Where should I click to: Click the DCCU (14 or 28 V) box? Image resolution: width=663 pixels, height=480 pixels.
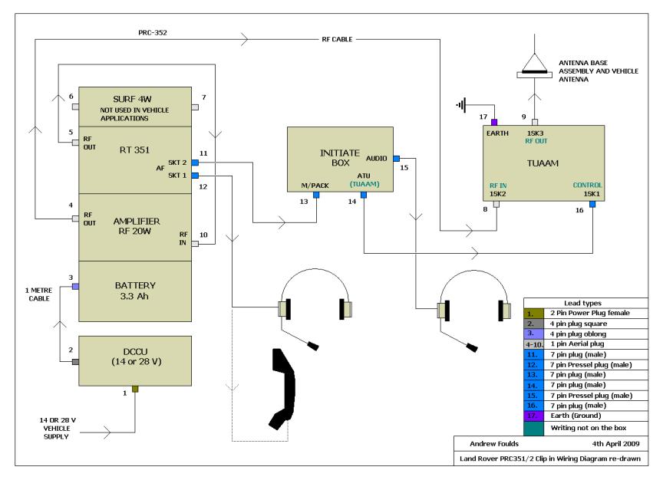click(135, 361)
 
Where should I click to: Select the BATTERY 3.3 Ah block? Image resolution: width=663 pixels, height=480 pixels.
click(135, 291)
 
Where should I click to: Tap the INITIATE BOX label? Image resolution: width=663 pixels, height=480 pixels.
click(340, 158)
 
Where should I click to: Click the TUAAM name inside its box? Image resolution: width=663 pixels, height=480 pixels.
click(543, 163)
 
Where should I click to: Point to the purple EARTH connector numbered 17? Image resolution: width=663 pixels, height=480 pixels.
click(494, 122)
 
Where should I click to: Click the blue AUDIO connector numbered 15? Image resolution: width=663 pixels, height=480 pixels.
click(396, 159)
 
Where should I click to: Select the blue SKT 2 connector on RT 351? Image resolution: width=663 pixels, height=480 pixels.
click(195, 163)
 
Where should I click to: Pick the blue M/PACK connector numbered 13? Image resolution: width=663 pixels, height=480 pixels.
click(316, 195)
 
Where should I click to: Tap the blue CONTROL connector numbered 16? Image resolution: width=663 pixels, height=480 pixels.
click(592, 204)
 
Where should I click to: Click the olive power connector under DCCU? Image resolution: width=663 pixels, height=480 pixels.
click(135, 389)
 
